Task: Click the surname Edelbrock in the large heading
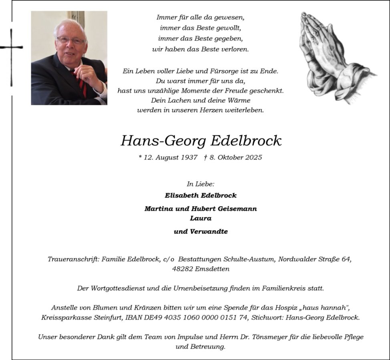(246, 141)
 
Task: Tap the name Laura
(201, 218)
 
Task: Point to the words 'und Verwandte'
(201, 232)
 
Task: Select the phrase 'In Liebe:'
(201, 184)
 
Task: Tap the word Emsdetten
(212, 269)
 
